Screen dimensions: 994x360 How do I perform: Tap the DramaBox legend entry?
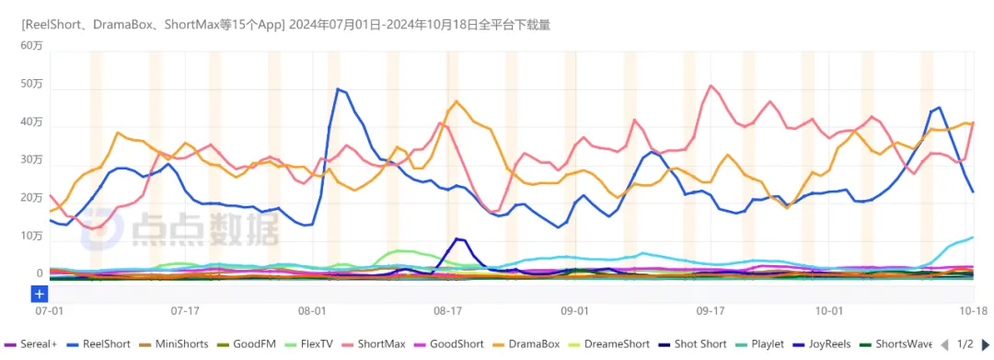(x=528, y=344)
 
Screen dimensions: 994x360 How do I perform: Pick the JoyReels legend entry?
(x=823, y=344)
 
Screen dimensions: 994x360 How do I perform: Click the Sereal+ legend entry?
(x=31, y=344)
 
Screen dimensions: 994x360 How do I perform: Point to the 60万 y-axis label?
(x=31, y=46)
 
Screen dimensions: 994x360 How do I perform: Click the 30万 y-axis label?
(x=31, y=160)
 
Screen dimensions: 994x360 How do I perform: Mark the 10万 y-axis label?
(x=31, y=237)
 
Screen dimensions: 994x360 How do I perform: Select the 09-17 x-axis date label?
(x=711, y=311)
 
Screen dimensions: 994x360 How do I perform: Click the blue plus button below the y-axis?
(x=40, y=294)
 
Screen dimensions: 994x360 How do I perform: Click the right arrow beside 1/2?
(x=985, y=344)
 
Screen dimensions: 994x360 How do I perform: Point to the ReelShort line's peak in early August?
(x=338, y=88)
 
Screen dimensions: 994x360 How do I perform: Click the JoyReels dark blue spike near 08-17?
(x=457, y=238)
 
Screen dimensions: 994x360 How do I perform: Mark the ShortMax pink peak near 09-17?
(x=711, y=86)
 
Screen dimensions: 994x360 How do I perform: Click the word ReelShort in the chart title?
(x=53, y=26)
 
